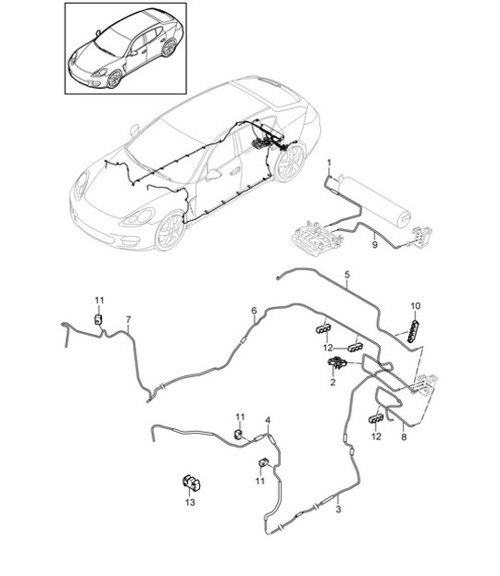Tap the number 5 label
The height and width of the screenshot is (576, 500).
(x=347, y=274)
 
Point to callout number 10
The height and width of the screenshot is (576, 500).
(x=414, y=305)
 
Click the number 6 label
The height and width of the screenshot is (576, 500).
(x=254, y=311)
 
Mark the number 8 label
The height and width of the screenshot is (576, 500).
(x=405, y=439)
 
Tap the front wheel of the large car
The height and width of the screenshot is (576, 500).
(x=170, y=232)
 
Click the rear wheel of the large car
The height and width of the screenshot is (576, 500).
(x=292, y=162)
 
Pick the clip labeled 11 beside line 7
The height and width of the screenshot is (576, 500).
(x=98, y=318)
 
